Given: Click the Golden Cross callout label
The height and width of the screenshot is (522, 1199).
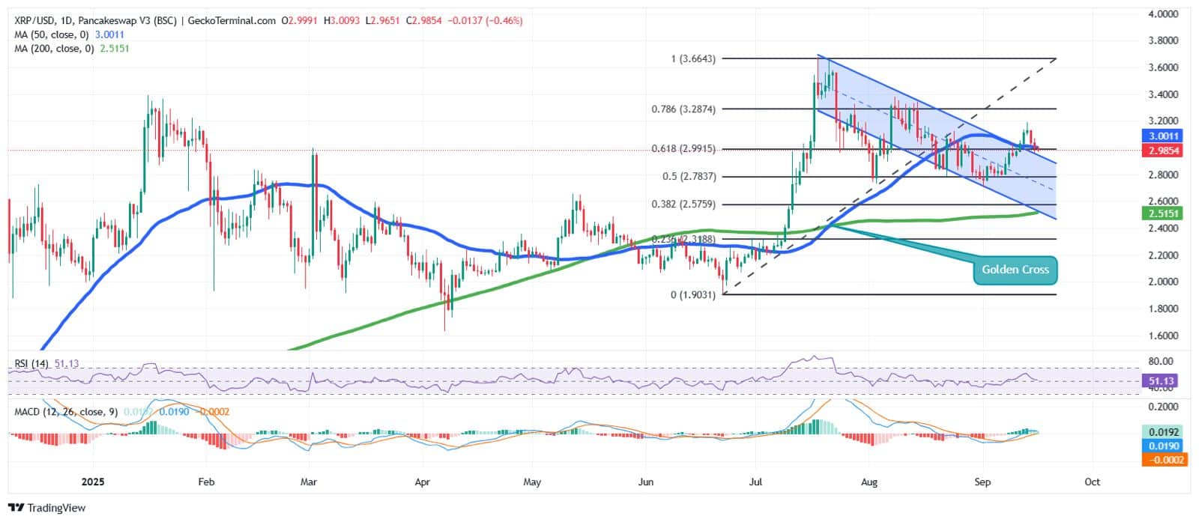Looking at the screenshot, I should pyautogui.click(x=1015, y=270).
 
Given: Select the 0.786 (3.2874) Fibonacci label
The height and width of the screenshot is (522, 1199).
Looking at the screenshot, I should pyautogui.click(x=683, y=109).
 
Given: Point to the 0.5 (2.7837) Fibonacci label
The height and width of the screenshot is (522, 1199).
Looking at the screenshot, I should pyautogui.click(x=689, y=177).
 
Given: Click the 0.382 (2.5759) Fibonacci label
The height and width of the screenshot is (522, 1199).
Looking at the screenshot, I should pyautogui.click(x=683, y=204).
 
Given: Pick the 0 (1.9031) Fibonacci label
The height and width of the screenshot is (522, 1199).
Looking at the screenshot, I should pyautogui.click(x=693, y=295).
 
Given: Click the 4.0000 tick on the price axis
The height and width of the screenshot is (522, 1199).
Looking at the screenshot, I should pyautogui.click(x=1163, y=14).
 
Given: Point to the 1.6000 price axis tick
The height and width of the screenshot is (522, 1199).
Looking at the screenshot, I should pyautogui.click(x=1163, y=336).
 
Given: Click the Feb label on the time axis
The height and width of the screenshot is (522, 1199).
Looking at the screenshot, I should pyautogui.click(x=206, y=482).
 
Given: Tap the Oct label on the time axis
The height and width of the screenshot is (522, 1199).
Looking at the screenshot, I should pyautogui.click(x=1092, y=482).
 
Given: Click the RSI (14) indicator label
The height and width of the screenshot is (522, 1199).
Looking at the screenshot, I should pyautogui.click(x=31, y=364).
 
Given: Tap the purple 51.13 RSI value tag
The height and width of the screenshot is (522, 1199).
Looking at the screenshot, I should pyautogui.click(x=1162, y=381).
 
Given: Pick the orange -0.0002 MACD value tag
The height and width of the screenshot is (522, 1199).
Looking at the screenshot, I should pyautogui.click(x=1163, y=459).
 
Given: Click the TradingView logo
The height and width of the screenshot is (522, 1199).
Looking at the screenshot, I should pyautogui.click(x=46, y=508).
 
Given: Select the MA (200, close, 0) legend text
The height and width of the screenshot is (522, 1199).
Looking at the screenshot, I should pyautogui.click(x=54, y=49).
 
